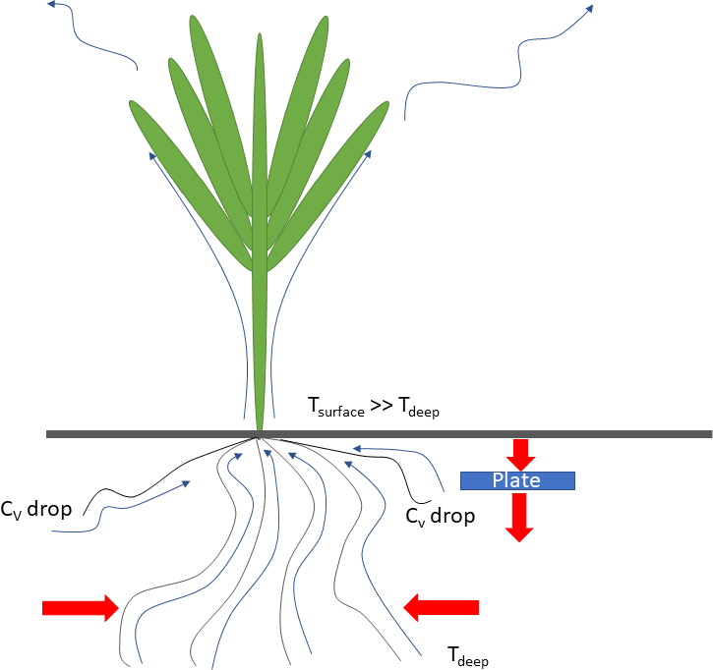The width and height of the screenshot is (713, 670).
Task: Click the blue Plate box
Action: pos(517,480)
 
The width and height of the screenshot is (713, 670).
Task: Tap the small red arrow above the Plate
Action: pos(520,454)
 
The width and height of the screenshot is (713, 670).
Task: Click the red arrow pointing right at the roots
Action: pos(80,608)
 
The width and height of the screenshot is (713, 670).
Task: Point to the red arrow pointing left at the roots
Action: pos(442,607)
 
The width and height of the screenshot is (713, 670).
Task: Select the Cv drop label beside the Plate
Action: pos(441,515)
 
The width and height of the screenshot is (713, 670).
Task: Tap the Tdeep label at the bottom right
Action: pos(468,655)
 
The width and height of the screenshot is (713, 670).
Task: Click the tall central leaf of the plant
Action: pos(260,226)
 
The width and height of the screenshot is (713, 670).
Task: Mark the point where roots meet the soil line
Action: pos(259,435)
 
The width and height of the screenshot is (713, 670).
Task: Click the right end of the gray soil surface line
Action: pos(707,433)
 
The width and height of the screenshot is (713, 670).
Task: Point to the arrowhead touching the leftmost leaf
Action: pos(151,155)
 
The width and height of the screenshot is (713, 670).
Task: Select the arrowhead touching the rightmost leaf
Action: pos(368,154)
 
